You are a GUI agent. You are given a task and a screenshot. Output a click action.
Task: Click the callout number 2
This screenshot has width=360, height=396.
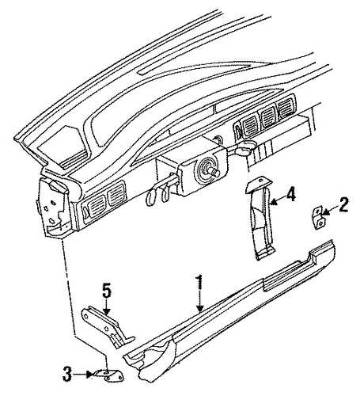pyautogui.click(x=343, y=204)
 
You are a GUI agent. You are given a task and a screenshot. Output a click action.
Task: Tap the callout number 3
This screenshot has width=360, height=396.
pyautogui.click(x=67, y=374)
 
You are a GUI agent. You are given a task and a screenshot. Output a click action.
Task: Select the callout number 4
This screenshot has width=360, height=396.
pyautogui.click(x=290, y=196)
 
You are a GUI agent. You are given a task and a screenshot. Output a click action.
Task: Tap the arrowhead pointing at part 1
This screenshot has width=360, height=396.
pyautogui.click(x=200, y=308)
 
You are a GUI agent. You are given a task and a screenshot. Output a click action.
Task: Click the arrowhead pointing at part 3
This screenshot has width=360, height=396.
pyautogui.click(x=90, y=374)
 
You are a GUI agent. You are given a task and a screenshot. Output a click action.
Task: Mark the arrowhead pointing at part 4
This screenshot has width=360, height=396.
pyautogui.click(x=274, y=202)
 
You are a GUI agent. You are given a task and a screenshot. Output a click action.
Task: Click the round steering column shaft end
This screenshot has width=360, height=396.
pyautogui.click(x=215, y=173)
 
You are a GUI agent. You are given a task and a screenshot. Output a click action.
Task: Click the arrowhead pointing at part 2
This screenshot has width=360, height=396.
pyautogui.click(x=325, y=211)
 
